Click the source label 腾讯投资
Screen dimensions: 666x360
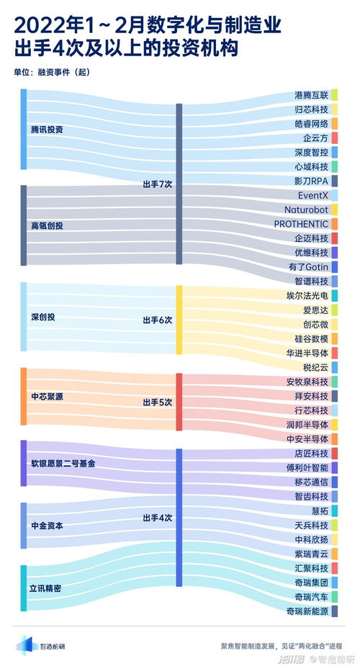point(47,130)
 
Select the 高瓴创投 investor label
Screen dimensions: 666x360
point(47,225)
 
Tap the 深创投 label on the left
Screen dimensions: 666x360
point(42,317)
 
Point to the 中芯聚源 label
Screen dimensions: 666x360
point(47,395)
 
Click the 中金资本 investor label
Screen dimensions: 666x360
point(47,526)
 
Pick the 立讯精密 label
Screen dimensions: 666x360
point(45,588)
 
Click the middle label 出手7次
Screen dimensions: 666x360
point(157,184)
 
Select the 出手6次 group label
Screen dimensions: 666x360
point(157,320)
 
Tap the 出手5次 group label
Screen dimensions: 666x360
point(157,402)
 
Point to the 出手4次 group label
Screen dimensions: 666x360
point(157,518)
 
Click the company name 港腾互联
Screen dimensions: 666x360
point(311,95)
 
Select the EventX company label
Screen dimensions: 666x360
point(312,195)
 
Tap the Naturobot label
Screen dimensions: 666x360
point(306,210)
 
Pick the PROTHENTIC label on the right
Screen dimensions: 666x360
point(301,224)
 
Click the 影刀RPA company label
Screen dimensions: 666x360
point(311,181)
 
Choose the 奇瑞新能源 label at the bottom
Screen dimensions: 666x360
point(307,611)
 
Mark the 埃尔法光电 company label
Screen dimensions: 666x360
point(307,295)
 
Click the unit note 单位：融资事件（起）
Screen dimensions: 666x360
point(52,71)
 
